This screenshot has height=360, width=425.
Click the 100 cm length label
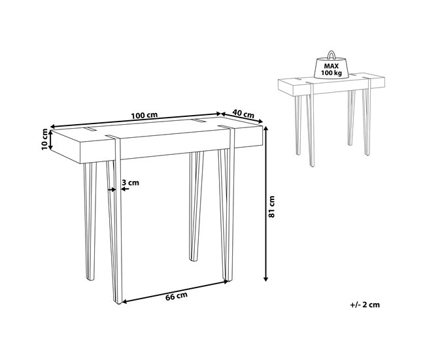pyautogui.click(x=144, y=115)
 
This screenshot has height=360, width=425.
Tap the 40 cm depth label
pyautogui.click(x=243, y=114)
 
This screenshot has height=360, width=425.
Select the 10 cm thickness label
pyautogui.click(x=44, y=140)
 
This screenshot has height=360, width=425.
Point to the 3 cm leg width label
pyautogui.click(x=130, y=182)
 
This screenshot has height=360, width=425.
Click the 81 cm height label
pyautogui.click(x=271, y=206)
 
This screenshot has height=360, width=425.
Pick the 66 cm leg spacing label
pyautogui.click(x=177, y=296)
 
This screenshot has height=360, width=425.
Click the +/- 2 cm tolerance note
pyautogui.click(x=365, y=304)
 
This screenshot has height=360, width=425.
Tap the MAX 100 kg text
pyautogui.click(x=331, y=69)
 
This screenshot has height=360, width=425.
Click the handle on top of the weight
pyautogui.click(x=331, y=54)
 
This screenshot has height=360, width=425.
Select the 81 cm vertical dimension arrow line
pyautogui.click(x=266, y=204)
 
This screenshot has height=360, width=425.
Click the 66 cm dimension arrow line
pyautogui.click(x=175, y=291)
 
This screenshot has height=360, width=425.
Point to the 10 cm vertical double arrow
pyautogui.click(x=50, y=140)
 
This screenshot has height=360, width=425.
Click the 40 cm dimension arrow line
pyautogui.click(x=242, y=118)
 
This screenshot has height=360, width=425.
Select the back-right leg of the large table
pyautogui.click(x=196, y=206)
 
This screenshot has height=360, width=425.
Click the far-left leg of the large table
pyautogui.click(x=90, y=221)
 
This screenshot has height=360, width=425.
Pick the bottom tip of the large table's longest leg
pyautogui.click(x=118, y=303)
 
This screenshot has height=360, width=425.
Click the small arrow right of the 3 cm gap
pyautogui.click(x=125, y=189)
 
